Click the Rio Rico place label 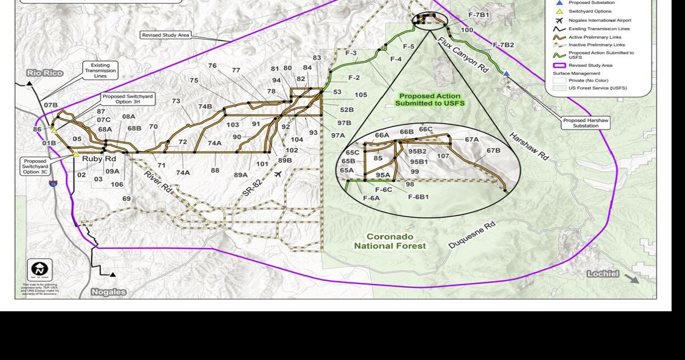pyautogui.click(x=44, y=73)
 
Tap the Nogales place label pyautogui.click(x=109, y=292)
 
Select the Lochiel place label pyautogui.click(x=603, y=274)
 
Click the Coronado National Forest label pyautogui.click(x=390, y=241)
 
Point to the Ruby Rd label pyautogui.click(x=99, y=159)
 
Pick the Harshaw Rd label pyautogui.click(x=528, y=147)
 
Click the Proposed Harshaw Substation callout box pyautogui.click(x=585, y=123)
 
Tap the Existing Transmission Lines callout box pyautogui.click(x=100, y=71)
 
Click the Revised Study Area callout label pyautogui.click(x=165, y=35)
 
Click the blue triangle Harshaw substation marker pyautogui.click(x=506, y=73)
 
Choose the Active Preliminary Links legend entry pyautogui.click(x=597, y=36)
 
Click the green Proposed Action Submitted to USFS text pyautogui.click(x=430, y=100)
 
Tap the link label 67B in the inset pyautogui.click(x=493, y=151)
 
